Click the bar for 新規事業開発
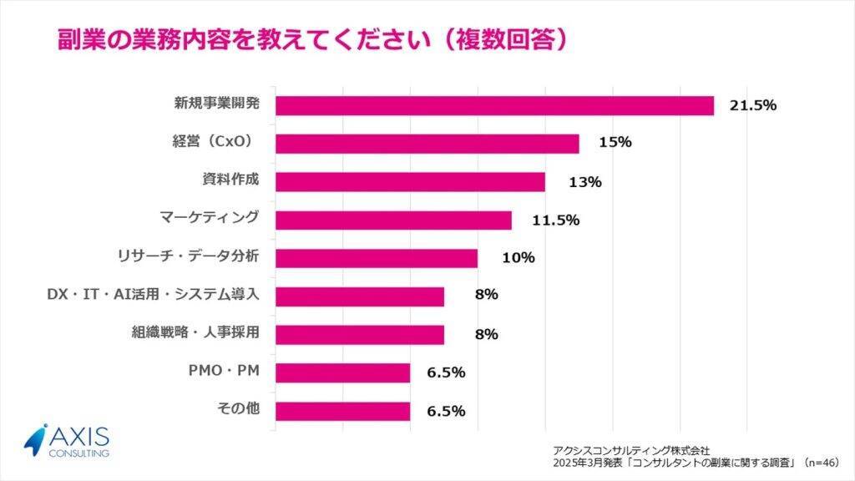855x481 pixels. [x=494, y=105]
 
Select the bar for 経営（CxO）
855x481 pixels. [x=427, y=144]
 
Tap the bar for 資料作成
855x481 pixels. [x=410, y=182]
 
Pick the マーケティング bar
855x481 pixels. [x=393, y=220]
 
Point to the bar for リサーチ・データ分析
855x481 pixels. [x=377, y=258]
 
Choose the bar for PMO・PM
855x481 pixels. [x=342, y=372]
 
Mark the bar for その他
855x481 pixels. [x=342, y=411]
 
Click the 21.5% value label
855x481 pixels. [x=754, y=105]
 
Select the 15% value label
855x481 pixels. [x=615, y=143]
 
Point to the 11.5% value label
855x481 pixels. [x=554, y=220]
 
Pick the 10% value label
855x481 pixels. [x=518, y=258]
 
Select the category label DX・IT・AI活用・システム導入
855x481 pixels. [x=154, y=295]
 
